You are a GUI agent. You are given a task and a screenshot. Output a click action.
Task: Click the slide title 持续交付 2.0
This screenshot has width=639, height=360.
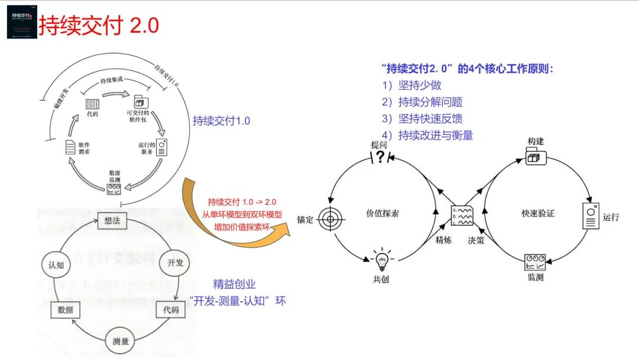coord(99,26)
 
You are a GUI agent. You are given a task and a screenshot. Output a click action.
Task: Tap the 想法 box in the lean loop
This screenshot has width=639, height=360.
coord(112,220)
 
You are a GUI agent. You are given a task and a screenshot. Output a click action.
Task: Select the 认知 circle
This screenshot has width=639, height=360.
coord(56,265)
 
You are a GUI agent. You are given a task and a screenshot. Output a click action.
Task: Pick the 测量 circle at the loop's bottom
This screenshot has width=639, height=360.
coord(121,340)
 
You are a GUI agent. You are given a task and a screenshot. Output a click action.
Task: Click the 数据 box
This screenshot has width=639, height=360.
coord(65,310)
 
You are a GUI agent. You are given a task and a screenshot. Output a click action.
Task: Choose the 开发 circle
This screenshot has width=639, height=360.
coord(176,262)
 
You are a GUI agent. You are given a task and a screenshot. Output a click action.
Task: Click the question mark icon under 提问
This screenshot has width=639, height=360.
coord(380,156)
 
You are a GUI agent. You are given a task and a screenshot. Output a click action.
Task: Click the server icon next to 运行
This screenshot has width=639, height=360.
coord(590,216)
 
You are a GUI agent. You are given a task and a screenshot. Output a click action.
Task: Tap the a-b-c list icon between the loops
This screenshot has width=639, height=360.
coord(462,216)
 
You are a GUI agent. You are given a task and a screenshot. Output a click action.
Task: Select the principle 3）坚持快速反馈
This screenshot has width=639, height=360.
coord(430,118)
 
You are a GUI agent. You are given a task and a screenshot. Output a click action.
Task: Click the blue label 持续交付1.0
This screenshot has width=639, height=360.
coord(221,121)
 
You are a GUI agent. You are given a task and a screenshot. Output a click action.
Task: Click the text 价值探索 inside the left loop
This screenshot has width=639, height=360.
coord(382,213)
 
